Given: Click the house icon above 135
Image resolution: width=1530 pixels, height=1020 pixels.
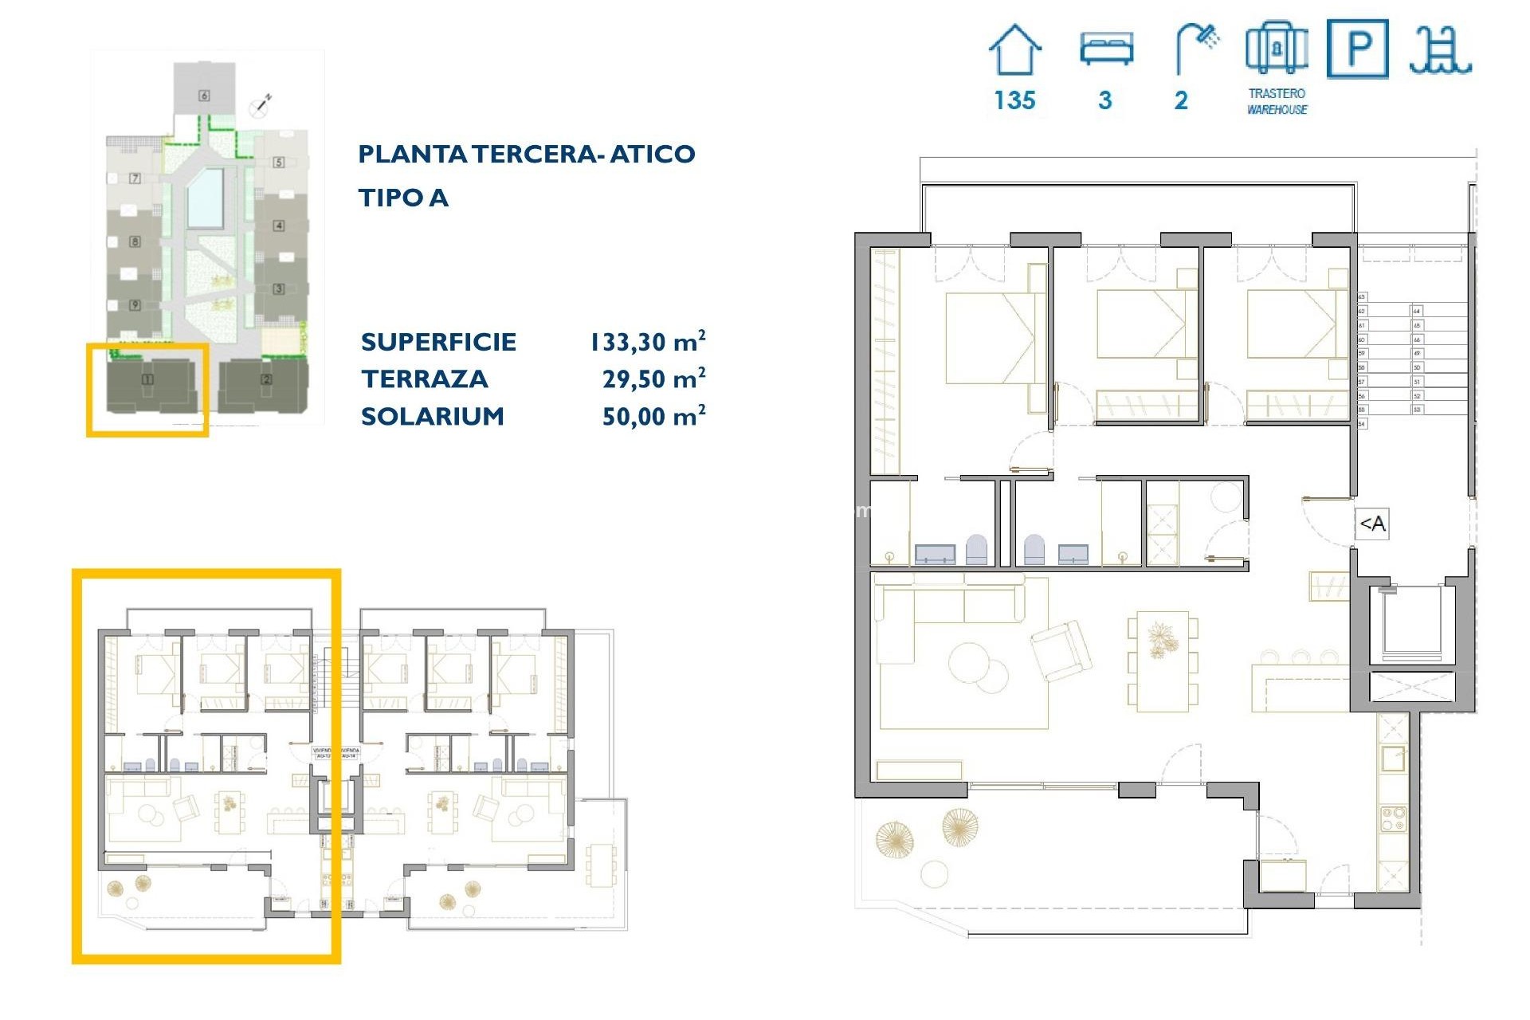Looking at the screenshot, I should (x=1014, y=50).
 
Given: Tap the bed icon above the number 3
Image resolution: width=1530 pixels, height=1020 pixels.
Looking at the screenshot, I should (x=1106, y=48).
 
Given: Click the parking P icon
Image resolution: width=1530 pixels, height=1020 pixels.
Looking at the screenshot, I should (x=1358, y=49).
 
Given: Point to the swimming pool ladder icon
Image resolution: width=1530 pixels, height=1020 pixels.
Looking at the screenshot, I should (x=1440, y=50).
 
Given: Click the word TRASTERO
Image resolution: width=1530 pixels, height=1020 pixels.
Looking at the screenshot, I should (x=1277, y=93).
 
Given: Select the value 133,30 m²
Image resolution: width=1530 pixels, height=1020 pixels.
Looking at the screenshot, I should (x=647, y=342).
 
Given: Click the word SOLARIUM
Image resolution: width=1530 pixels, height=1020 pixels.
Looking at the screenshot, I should (x=433, y=416).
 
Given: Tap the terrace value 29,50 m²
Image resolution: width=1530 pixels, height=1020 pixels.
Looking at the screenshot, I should (x=653, y=379).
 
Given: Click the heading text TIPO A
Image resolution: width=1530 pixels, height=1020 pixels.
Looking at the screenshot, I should (x=403, y=198).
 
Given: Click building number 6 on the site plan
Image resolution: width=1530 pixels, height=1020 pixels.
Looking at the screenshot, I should (x=204, y=96).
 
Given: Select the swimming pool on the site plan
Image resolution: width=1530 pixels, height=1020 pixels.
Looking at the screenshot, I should (x=205, y=197).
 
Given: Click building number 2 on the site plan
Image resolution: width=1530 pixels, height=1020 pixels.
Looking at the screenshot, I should (x=266, y=380).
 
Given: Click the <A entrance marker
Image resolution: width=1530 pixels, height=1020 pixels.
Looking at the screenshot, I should (x=1372, y=524).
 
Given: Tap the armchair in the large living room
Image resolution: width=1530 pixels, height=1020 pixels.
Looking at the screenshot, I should (x=1061, y=649).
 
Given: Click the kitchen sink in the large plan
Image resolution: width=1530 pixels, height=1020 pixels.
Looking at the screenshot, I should (x=1392, y=758).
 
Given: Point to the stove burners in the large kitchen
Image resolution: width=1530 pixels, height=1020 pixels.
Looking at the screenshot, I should (x=1392, y=818).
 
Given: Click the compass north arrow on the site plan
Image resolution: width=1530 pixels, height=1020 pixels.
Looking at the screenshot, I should (x=260, y=104).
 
